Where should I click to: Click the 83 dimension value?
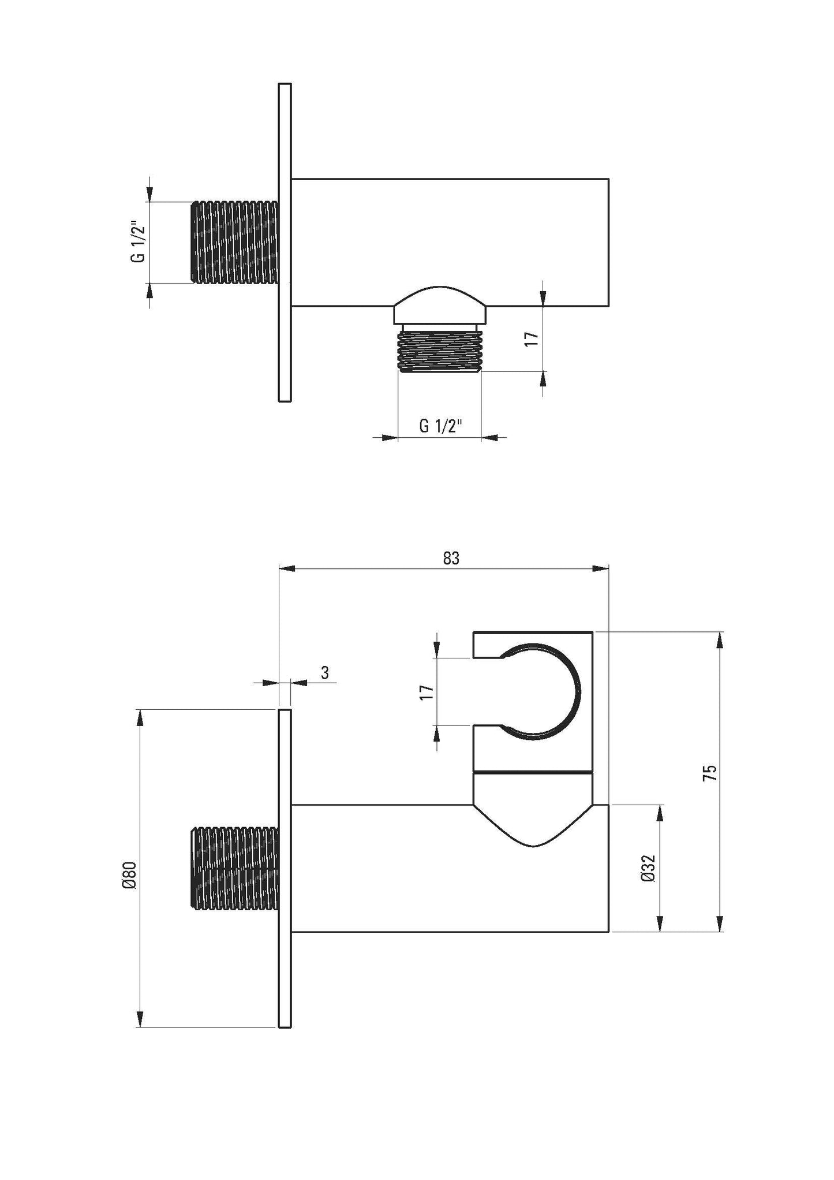[x=451, y=558]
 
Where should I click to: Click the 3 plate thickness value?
[x=325, y=673]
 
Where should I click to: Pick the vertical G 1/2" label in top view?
[x=138, y=242]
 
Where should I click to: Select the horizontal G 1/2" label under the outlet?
[x=440, y=427]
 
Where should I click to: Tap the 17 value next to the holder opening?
[x=427, y=691]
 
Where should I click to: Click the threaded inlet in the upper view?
[x=234, y=242]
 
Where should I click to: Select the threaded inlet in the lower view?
[x=234, y=868]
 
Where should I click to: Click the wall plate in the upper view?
[x=285, y=242]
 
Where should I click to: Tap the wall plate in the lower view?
[x=285, y=868]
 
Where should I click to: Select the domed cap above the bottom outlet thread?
[x=440, y=304]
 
